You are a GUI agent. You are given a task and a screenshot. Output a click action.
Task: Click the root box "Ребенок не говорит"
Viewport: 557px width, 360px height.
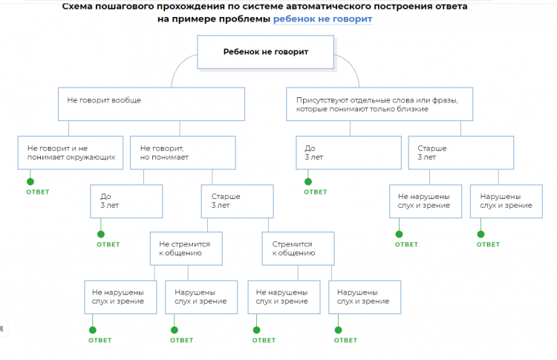[265, 53]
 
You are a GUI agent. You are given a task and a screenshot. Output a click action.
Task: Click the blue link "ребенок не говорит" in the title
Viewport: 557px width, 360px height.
[322, 19]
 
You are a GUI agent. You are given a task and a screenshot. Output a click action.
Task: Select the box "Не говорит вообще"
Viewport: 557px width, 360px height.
[152, 104]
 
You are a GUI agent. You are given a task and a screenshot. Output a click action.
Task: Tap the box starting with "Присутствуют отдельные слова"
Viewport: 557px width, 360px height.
[380, 104]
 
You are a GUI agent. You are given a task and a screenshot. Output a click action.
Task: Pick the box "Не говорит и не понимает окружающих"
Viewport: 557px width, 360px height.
[71, 153]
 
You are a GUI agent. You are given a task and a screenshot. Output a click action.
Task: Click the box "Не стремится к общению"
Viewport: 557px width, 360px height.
[186, 249]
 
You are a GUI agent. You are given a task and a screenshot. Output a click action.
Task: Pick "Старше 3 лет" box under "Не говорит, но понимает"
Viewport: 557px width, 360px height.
[237, 201]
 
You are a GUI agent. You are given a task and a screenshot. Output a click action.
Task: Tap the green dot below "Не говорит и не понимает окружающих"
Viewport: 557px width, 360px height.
[30, 180]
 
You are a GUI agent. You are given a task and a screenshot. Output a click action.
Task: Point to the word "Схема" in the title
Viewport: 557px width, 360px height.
[78, 6]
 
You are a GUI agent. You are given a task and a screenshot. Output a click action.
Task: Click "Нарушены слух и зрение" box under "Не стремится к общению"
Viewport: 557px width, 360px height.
[201, 297]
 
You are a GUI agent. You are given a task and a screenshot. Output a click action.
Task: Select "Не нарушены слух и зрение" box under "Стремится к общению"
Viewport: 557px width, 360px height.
[283, 297]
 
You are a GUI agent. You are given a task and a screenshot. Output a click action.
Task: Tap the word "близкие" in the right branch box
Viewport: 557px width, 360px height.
[413, 109]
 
